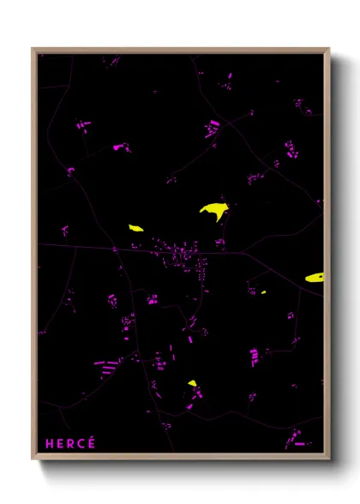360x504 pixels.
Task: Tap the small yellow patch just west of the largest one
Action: coord(135,228)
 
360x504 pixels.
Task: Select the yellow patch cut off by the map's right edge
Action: coord(315,278)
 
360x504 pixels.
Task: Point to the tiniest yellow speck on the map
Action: coord(263,292)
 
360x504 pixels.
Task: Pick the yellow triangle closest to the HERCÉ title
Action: coord(192,384)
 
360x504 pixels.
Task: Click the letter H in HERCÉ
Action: coord(49,443)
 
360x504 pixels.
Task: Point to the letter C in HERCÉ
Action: coord(81,443)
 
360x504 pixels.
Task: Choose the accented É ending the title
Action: coord(92,442)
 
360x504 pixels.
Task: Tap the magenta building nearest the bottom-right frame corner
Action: coord(299,444)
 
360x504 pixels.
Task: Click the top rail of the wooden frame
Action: coord(180,50)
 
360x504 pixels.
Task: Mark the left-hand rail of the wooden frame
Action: coord(34,257)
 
